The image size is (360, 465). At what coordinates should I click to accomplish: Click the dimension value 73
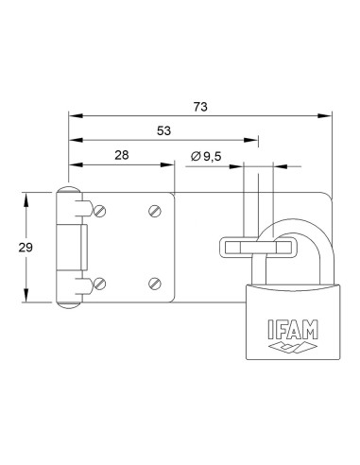[x=200, y=108]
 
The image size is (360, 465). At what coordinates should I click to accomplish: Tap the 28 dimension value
[x=121, y=155]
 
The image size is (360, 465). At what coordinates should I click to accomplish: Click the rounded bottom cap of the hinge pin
[x=69, y=301]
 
